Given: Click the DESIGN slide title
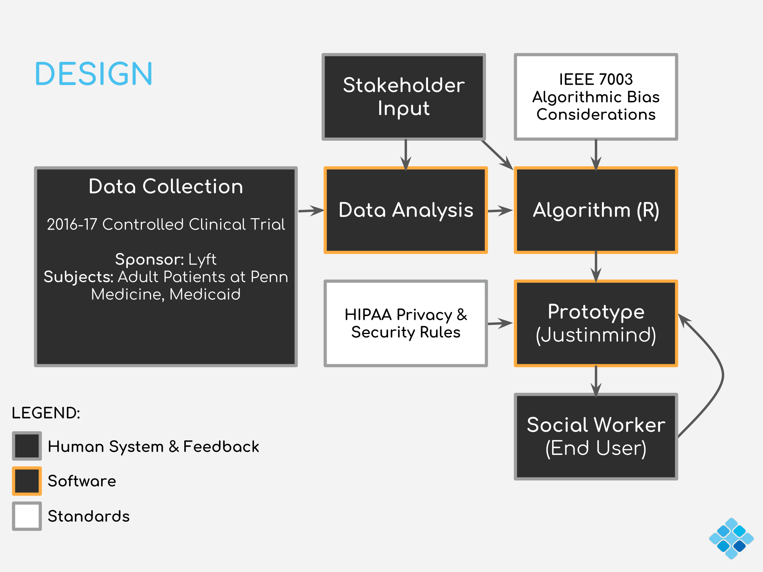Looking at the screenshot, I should [x=93, y=74].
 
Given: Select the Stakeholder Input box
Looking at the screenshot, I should [x=404, y=96].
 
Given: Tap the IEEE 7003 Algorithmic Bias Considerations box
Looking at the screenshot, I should [x=596, y=96].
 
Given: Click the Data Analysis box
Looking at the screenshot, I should [x=406, y=210].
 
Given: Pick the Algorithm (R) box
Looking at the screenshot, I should [x=596, y=210].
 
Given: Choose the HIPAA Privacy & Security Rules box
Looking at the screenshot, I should [x=406, y=323].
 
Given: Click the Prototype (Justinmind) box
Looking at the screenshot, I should [x=596, y=323].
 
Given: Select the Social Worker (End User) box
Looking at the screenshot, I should [x=596, y=437].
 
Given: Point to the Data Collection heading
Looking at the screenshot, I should [x=166, y=186].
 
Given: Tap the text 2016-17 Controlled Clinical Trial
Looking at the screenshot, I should [x=166, y=224].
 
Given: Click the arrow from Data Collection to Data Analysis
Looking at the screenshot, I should [x=311, y=210].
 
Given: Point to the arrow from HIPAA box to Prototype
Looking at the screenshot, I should [x=500, y=324].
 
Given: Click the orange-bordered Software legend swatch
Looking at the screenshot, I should [x=27, y=481].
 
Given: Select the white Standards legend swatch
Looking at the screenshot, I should [x=27, y=516].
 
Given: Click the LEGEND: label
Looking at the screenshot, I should [x=46, y=413].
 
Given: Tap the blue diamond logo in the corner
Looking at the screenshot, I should [x=731, y=538].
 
